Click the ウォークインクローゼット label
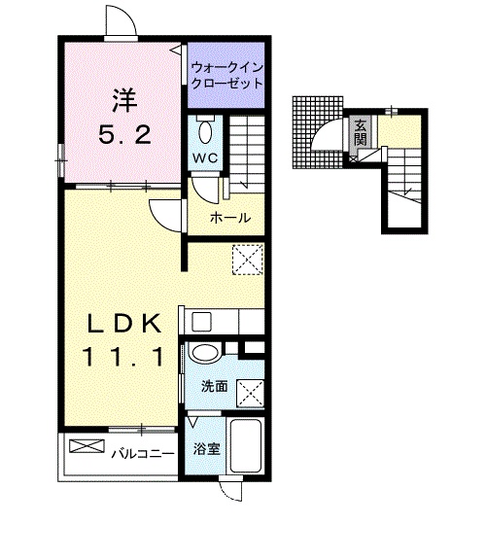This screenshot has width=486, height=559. pyautogui.click(x=226, y=76)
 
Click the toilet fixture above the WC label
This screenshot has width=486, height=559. pyautogui.click(x=205, y=129)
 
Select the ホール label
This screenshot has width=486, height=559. pyautogui.click(x=230, y=217)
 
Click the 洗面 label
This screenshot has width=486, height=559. pyautogui.click(x=214, y=386)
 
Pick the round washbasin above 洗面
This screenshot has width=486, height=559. pyautogui.click(x=205, y=354)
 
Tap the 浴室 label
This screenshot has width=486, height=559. pyautogui.click(x=205, y=449)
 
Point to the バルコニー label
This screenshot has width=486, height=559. pyautogui.click(x=141, y=453)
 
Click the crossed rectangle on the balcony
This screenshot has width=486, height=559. pyautogui.click(x=86, y=447)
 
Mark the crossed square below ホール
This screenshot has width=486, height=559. pyautogui.click(x=247, y=260)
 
